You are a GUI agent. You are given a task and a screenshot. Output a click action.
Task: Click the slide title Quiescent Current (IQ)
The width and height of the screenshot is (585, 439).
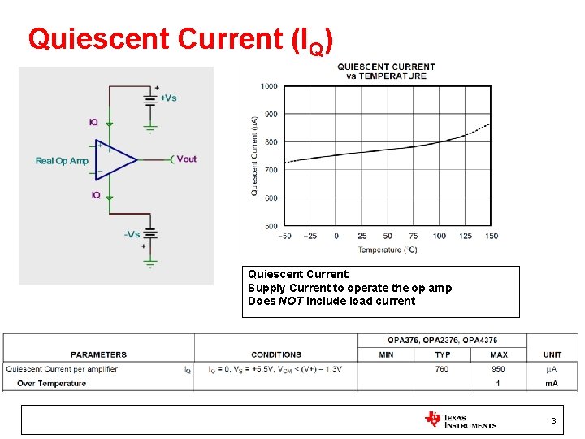click(180, 40)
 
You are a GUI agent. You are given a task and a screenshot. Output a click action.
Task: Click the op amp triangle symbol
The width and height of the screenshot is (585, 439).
click(115, 159)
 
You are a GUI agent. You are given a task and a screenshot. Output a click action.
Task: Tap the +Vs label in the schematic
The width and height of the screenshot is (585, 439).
click(168, 98)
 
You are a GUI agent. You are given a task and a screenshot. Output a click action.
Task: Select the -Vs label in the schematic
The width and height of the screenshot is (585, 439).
click(132, 234)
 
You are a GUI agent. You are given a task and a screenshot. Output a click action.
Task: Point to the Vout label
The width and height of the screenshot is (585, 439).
click(186, 159)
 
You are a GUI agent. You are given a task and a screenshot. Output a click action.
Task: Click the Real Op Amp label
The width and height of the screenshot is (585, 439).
click(62, 161)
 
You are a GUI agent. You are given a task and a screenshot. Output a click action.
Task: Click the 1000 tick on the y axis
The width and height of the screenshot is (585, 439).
click(269, 86)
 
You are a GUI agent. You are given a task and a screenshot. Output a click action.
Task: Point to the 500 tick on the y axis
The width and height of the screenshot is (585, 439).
click(269, 226)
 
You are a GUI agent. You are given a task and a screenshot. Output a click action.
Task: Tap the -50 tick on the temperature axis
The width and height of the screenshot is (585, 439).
click(284, 237)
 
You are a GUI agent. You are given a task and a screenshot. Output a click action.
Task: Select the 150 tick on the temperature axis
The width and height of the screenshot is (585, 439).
click(491, 237)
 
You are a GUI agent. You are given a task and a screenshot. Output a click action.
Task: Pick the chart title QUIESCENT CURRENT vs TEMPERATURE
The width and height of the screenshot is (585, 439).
click(386, 72)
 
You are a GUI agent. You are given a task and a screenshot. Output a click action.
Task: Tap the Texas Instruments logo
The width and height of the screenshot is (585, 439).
click(460, 419)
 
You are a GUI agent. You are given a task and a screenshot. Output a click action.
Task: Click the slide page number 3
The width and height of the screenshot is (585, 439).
click(553, 420)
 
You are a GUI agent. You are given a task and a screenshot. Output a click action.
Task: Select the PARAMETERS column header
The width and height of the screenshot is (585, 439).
click(98, 354)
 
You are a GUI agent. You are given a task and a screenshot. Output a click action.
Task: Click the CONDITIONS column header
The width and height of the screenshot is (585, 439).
click(276, 354)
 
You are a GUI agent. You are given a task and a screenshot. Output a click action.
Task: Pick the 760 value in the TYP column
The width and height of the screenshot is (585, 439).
click(442, 369)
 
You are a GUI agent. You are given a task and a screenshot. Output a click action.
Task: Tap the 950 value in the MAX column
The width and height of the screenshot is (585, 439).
click(499, 369)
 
